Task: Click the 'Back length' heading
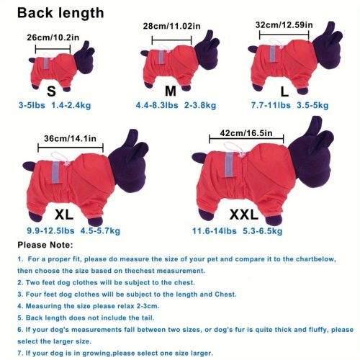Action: [x=60, y=13]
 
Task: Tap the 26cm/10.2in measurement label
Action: [x=53, y=37]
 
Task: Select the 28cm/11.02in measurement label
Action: [x=171, y=26]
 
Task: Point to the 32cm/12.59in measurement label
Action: [x=284, y=25]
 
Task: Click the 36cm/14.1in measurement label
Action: [x=70, y=138]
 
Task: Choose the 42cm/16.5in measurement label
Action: [x=246, y=133]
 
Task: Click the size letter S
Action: [x=51, y=91]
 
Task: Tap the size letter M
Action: [x=171, y=91]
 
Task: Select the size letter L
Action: [x=284, y=91]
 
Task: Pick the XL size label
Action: [x=64, y=215]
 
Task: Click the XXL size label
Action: [x=244, y=215]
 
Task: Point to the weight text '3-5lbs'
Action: [x=32, y=105]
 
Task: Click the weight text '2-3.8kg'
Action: [x=200, y=105]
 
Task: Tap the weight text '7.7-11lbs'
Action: [x=271, y=105]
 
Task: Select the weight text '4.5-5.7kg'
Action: [x=100, y=231]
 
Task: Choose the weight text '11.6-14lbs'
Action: [x=215, y=231]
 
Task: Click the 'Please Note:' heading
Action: [x=45, y=245]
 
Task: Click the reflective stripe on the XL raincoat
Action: [x=55, y=172]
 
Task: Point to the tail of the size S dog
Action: [x=32, y=60]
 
